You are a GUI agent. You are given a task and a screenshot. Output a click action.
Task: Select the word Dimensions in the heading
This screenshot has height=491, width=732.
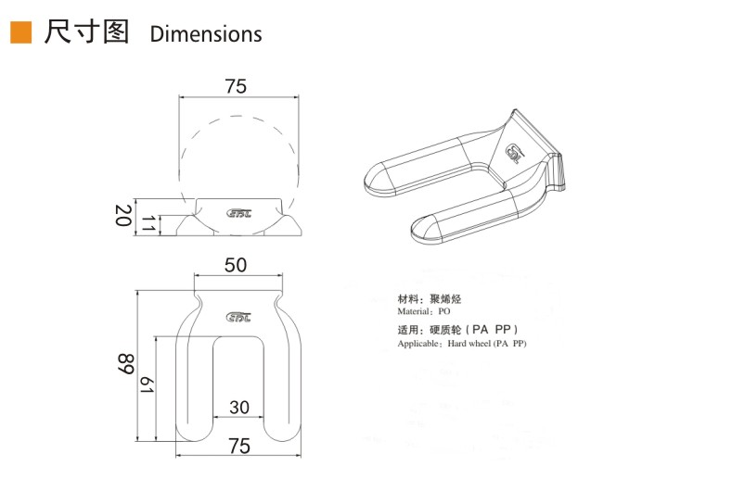[206, 35]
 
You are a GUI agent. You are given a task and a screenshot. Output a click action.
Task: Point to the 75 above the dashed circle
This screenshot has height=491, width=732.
[236, 86]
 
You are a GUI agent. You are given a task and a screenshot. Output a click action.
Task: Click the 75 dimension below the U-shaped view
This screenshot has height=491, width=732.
[238, 446]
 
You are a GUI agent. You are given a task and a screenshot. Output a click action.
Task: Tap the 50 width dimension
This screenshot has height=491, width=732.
[236, 265]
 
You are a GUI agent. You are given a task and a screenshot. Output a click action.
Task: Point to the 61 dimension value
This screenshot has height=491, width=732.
[147, 386]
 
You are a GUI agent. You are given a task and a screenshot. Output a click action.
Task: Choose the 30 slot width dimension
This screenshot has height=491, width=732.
[239, 407]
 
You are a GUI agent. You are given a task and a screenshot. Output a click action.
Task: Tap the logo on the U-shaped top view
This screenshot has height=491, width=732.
[239, 316]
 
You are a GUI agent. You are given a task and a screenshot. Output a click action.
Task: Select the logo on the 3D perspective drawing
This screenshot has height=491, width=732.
[515, 153]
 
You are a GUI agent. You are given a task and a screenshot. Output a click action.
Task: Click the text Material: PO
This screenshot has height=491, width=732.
[423, 312]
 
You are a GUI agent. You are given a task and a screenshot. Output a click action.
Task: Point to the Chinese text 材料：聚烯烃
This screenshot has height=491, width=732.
[429, 299]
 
